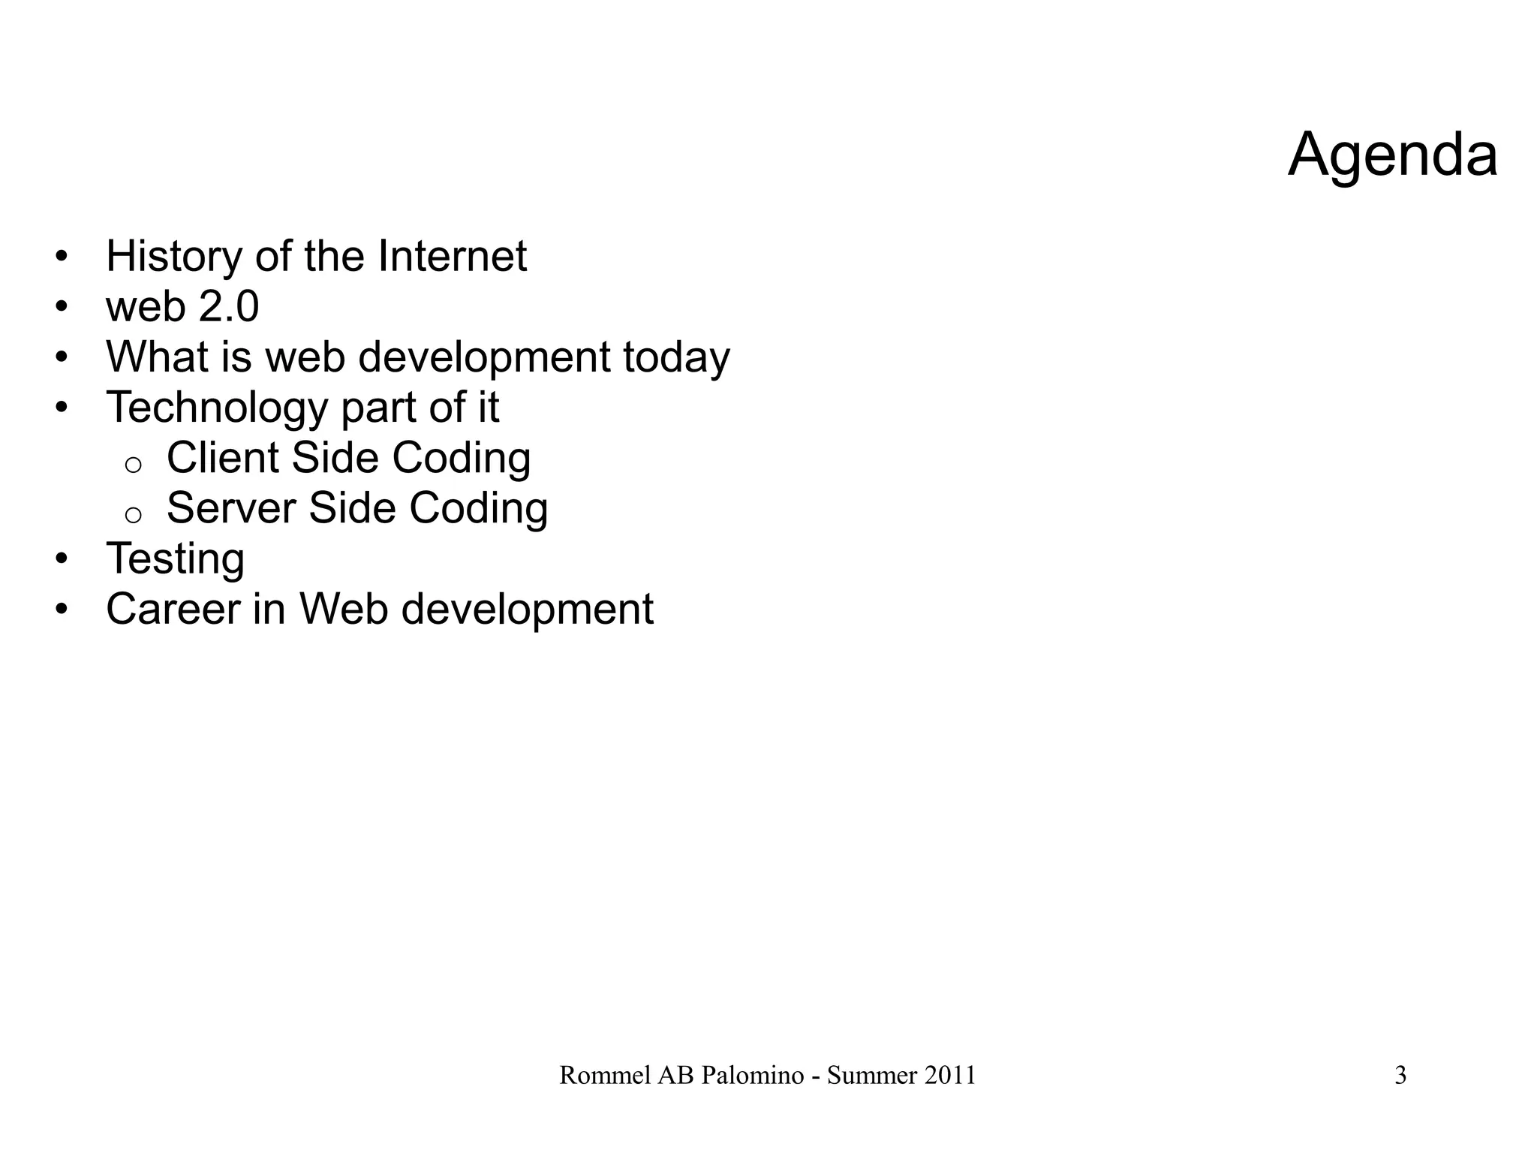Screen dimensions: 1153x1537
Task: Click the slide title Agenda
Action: click(1392, 155)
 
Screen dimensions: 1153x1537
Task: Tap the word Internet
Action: click(452, 256)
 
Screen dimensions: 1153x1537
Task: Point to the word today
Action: click(675, 357)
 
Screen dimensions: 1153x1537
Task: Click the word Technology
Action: click(217, 408)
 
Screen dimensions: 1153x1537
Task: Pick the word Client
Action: click(222, 457)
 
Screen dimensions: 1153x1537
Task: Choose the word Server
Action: click(230, 508)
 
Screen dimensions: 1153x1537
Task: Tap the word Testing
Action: click(175, 559)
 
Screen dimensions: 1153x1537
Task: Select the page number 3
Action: click(1400, 1076)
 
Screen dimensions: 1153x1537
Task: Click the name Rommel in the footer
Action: click(605, 1076)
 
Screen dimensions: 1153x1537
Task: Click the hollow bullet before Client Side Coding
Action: click(133, 465)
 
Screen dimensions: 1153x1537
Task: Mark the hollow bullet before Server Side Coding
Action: click(133, 516)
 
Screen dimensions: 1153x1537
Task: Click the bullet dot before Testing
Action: click(62, 559)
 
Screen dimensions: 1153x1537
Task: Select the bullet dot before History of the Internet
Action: click(62, 257)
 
